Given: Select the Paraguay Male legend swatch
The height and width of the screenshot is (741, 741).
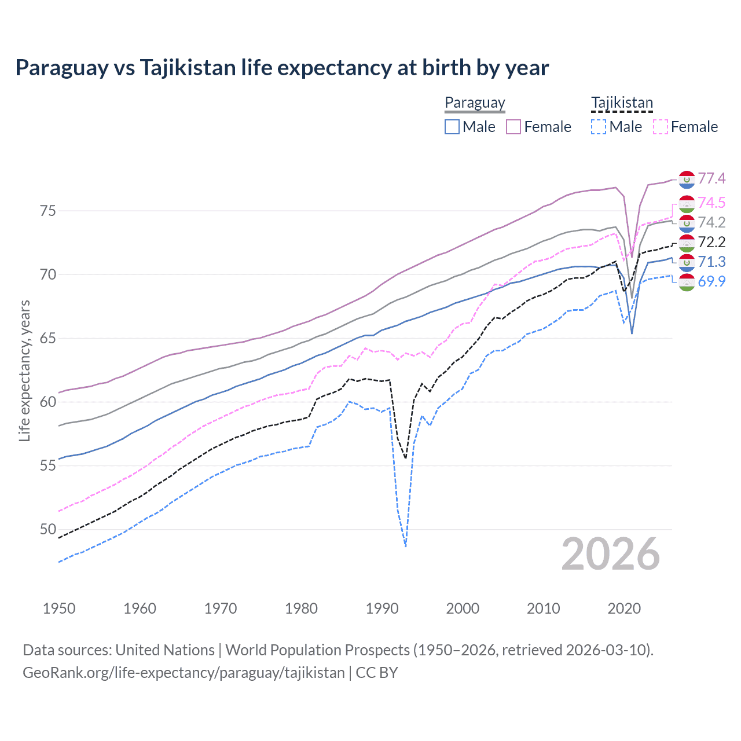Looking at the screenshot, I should [452, 127].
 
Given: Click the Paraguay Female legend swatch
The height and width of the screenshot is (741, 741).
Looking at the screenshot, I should [513, 127].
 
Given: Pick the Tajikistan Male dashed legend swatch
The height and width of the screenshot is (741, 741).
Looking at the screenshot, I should [599, 127].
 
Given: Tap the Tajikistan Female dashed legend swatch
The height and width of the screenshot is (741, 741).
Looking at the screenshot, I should [661, 127].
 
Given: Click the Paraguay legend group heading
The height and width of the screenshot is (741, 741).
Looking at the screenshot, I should [475, 103].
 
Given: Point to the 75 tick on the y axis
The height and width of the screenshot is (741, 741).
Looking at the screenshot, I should [48, 211].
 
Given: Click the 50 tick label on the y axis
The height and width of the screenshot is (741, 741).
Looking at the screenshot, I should [48, 529].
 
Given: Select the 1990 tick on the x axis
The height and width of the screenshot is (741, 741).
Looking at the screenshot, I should [382, 608].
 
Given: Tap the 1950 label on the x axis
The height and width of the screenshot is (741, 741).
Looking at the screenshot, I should [59, 608].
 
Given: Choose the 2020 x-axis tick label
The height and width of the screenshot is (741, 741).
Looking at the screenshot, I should [624, 608].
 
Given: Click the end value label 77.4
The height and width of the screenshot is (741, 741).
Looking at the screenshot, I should [711, 178].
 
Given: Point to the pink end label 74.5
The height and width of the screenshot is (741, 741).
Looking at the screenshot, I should [711, 203].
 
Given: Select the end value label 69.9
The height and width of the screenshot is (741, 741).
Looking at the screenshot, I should [711, 281].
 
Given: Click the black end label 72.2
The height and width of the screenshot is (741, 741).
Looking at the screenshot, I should [711, 242].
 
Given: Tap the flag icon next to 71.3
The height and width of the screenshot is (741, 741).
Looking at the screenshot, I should [687, 262].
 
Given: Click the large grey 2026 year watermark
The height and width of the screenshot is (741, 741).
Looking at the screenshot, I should [610, 554].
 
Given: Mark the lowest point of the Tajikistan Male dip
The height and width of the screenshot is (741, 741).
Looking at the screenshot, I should [406, 546].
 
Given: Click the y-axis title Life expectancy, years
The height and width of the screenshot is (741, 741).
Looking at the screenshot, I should [24, 370].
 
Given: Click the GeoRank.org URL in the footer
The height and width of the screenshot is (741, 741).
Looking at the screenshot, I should [184, 673].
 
